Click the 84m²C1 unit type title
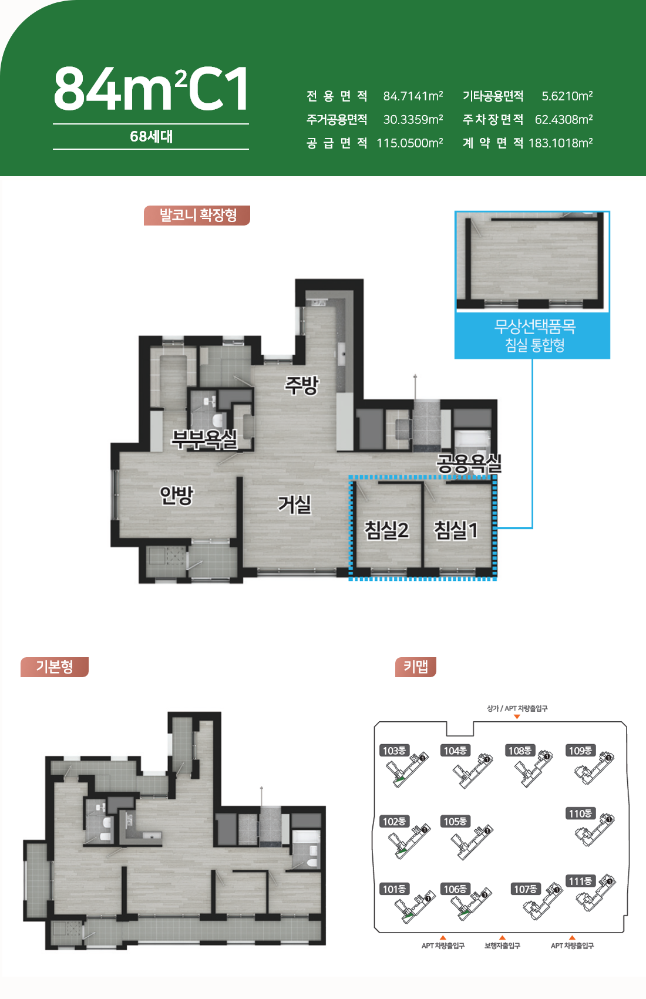151,89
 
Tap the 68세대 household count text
151,136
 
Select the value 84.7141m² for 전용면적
413,96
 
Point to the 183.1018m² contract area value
560,143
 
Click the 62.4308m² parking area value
564,120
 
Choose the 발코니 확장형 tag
197,216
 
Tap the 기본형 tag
55,667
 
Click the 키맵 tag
416,667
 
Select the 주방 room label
301,385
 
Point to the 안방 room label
177,496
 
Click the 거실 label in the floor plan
294,504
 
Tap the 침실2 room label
386,530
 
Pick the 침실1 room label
456,530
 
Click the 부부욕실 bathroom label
204,439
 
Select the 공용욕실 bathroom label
469,464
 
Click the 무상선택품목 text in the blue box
534,327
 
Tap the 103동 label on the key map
394,751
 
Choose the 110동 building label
580,813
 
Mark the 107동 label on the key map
525,889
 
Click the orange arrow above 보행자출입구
503,937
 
